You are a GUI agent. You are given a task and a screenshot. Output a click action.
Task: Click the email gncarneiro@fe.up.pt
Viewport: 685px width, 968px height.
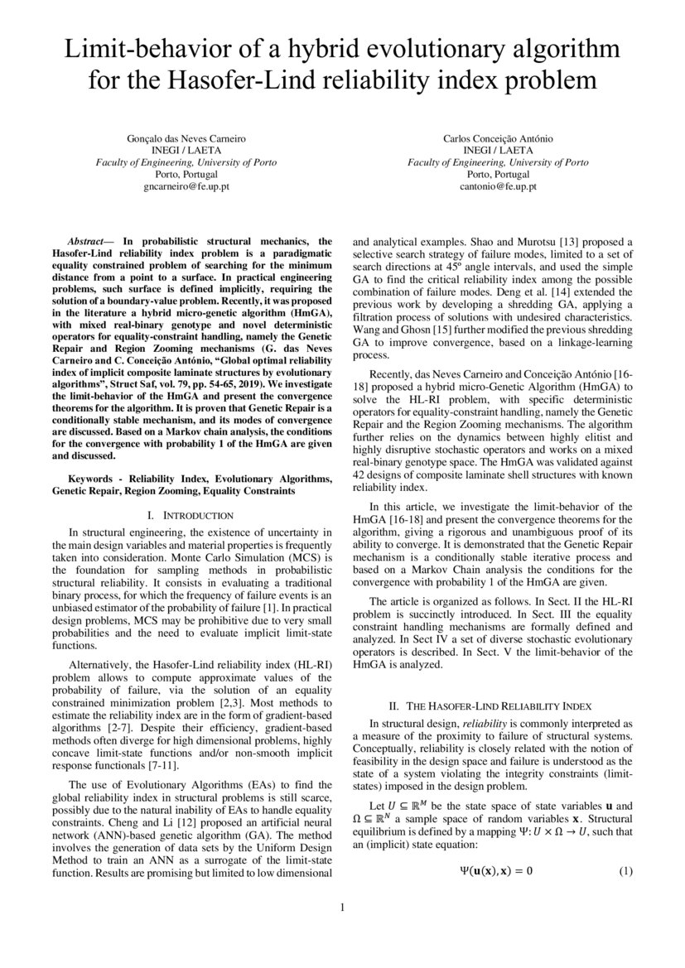click(x=186, y=187)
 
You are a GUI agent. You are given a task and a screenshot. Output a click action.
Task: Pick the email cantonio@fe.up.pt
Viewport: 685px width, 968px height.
click(x=498, y=187)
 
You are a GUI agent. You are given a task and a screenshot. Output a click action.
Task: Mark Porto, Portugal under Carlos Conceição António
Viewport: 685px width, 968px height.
click(x=498, y=175)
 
